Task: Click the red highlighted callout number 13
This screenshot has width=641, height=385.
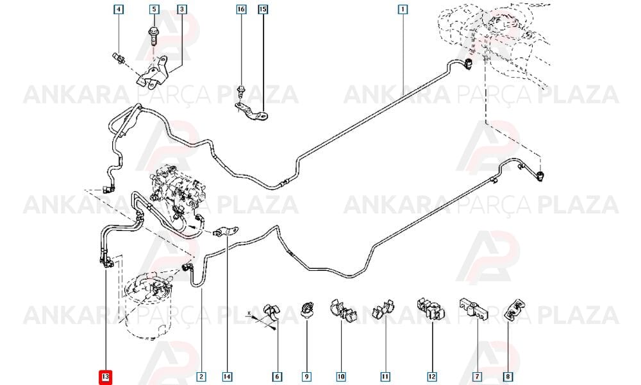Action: [x=106, y=377]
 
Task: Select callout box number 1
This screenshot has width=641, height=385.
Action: [x=403, y=9]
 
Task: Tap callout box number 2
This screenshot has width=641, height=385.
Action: [x=201, y=377]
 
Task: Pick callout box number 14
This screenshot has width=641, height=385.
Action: [x=228, y=377]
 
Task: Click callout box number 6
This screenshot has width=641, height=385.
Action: [x=277, y=377]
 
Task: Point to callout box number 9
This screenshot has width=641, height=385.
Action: [x=306, y=377]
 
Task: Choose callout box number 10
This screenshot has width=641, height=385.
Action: [x=342, y=377]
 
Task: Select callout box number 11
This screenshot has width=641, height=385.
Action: [x=385, y=377]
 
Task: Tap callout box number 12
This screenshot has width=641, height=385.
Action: [x=431, y=377]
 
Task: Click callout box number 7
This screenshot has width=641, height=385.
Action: [x=477, y=377]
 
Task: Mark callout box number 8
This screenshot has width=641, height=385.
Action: [x=508, y=377]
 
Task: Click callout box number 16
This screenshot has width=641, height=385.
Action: [x=241, y=9]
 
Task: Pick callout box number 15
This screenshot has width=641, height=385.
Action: [x=263, y=9]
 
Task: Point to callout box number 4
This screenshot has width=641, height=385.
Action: [x=119, y=9]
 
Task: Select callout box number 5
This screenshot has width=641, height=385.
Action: [x=154, y=9]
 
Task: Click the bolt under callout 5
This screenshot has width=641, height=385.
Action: [x=154, y=35]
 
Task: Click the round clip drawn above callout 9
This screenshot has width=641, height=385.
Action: [x=307, y=309]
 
